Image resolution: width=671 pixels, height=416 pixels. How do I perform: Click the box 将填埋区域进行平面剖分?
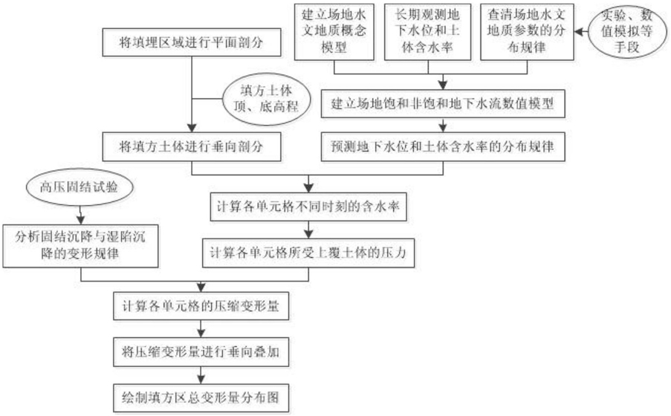click(x=192, y=45)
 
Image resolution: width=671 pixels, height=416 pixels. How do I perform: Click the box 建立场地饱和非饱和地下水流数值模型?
click(x=443, y=103)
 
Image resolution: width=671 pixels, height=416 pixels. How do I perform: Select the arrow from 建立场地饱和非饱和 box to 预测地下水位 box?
click(x=443, y=123)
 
